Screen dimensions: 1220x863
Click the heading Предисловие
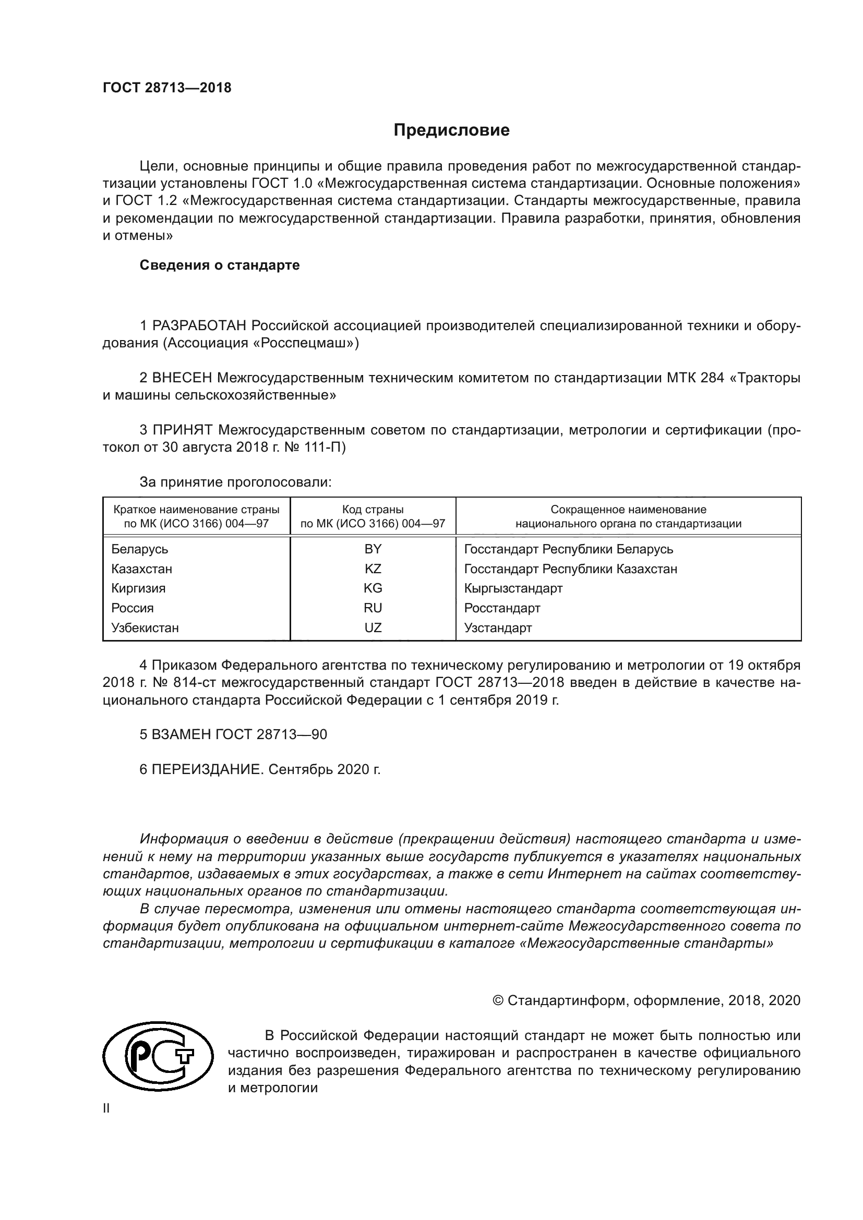(x=451, y=130)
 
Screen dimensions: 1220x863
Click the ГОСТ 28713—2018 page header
(x=167, y=88)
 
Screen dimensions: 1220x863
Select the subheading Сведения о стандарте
(x=220, y=265)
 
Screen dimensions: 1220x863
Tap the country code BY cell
(x=373, y=549)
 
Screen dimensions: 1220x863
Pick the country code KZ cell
(x=373, y=569)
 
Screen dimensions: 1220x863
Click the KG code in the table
(x=373, y=588)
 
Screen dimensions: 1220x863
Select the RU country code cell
(x=373, y=608)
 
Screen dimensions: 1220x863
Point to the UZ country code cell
(x=373, y=627)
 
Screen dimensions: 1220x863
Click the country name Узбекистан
(x=145, y=627)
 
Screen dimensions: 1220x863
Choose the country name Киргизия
(x=138, y=588)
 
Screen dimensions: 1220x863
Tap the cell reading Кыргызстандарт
(x=513, y=588)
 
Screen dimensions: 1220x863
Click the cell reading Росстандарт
(x=502, y=608)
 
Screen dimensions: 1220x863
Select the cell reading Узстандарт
(x=498, y=627)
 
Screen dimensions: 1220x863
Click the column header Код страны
(x=373, y=510)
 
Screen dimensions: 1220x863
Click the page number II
(x=106, y=1108)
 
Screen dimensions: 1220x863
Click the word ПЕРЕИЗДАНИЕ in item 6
(x=208, y=769)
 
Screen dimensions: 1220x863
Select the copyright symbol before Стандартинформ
(x=498, y=1001)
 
